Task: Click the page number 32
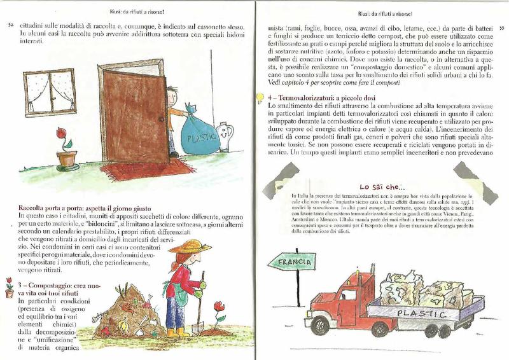tap(9, 25)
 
